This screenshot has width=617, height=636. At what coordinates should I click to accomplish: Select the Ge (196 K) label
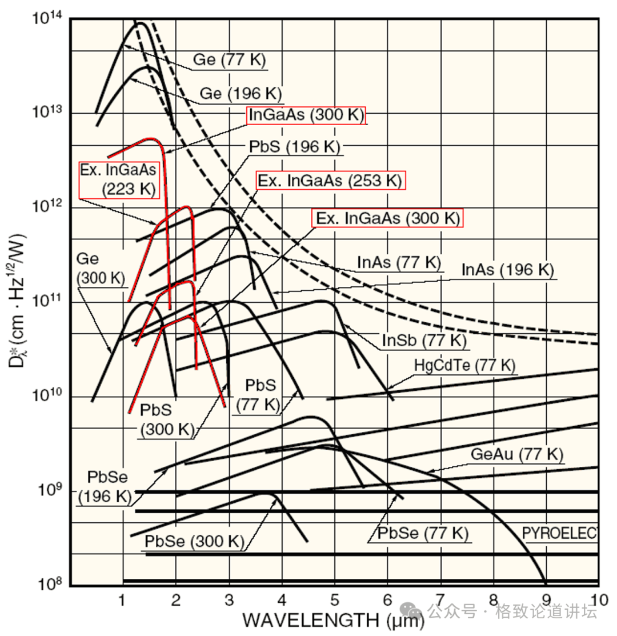(241, 94)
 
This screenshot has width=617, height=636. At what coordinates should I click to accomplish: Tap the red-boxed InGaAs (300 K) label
(306, 115)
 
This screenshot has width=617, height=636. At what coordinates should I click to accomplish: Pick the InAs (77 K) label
(399, 263)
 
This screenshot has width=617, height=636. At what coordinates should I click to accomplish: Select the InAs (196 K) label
(508, 270)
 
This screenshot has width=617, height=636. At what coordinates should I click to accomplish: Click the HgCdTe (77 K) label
(464, 365)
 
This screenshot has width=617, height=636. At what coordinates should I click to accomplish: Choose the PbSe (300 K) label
(194, 542)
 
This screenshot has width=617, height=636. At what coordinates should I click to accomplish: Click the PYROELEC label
(559, 533)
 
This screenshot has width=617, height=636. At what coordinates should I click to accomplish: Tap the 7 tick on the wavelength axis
(440, 600)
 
